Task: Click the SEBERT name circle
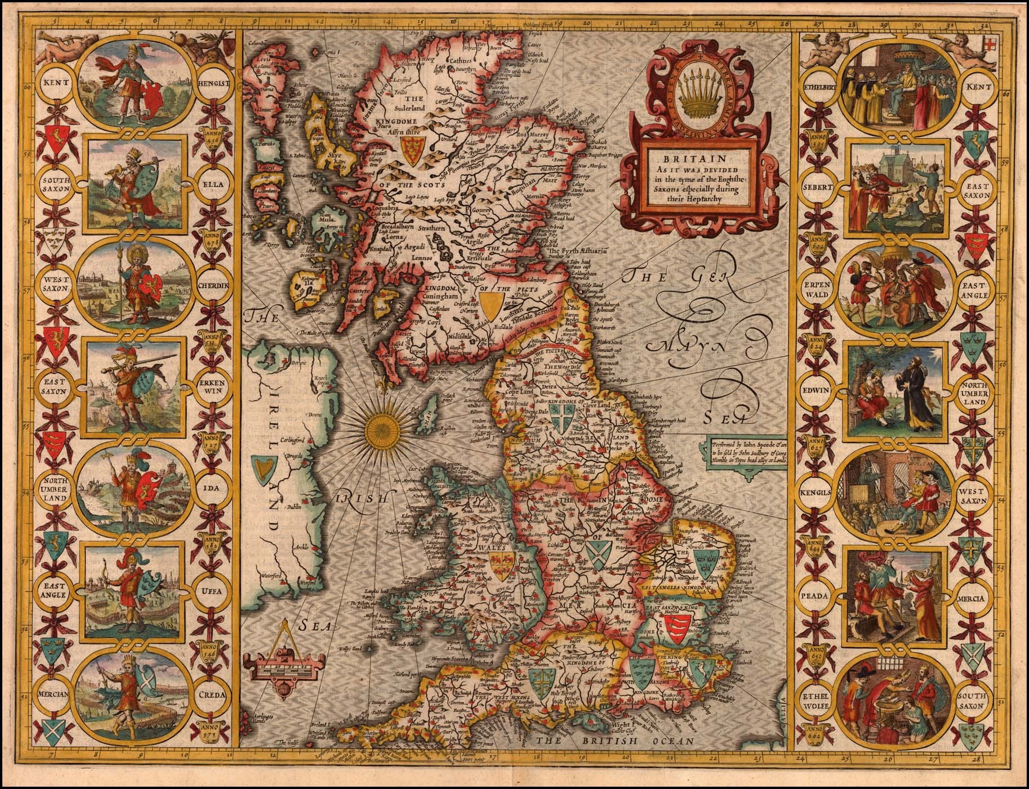pyautogui.click(x=818, y=185)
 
